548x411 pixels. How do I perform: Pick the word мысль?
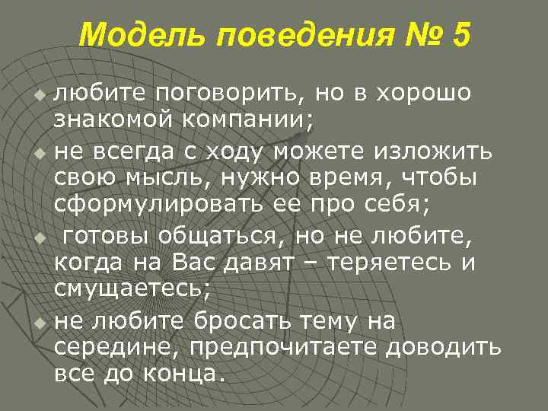[167, 176]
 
